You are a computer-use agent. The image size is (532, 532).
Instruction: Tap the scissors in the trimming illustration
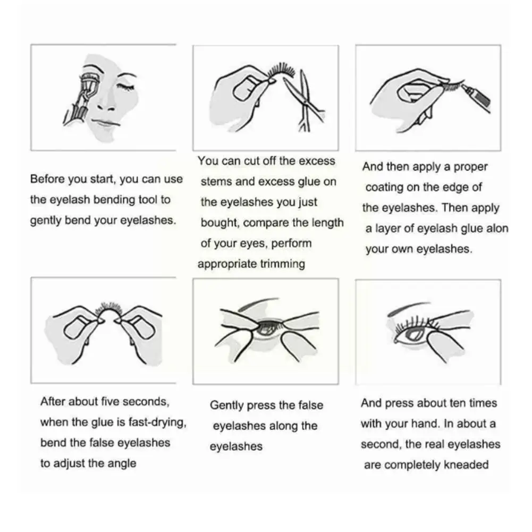[304, 102]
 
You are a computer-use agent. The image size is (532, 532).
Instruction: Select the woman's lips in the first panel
[105, 123]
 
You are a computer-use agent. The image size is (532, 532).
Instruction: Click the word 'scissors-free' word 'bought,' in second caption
[220, 223]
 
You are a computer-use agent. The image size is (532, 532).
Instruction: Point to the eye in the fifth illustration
[267, 328]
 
